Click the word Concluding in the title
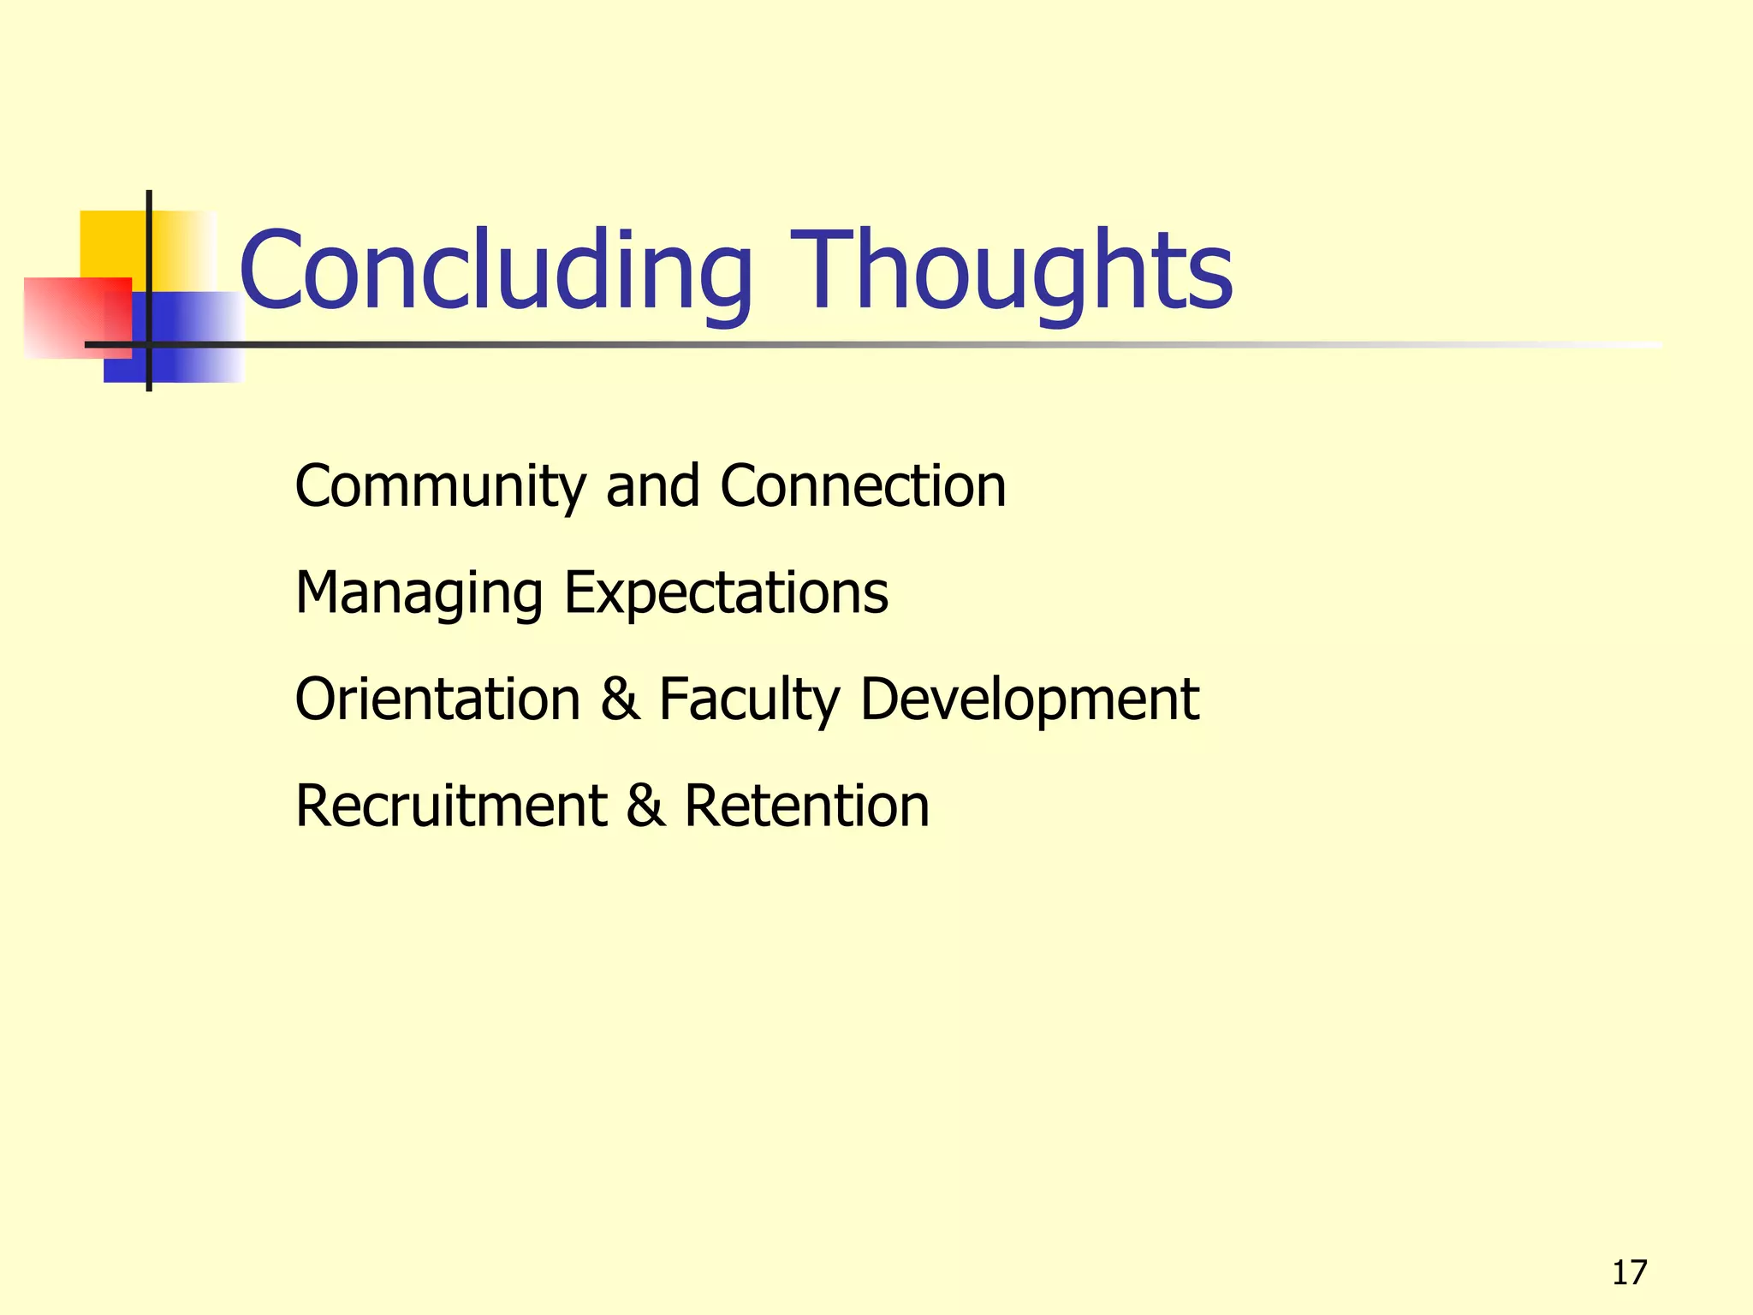496,272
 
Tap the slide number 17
1629,1273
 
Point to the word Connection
863,486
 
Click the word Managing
419,594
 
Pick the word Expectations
726,594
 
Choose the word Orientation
437,699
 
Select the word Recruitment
451,806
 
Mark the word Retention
806,806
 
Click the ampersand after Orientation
620,699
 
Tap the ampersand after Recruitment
645,806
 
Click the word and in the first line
652,486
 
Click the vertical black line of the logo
149,214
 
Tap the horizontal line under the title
856,345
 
